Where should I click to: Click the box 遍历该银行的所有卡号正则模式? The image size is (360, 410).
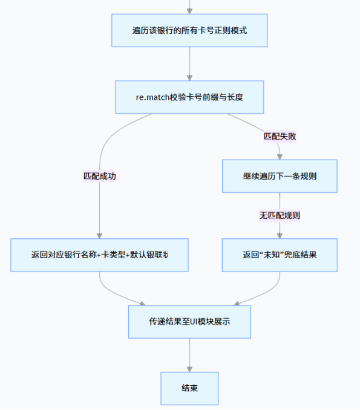click(x=189, y=30)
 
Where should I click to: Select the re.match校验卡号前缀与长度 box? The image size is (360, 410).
click(x=189, y=97)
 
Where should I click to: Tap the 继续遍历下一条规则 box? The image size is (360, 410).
click(x=279, y=176)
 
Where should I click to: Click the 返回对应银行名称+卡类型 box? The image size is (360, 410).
click(x=99, y=255)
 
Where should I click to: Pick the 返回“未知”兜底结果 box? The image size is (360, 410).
click(x=279, y=255)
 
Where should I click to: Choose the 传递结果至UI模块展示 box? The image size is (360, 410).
click(x=189, y=321)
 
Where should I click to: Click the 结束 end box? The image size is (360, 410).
click(x=189, y=388)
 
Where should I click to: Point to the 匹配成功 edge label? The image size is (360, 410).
click(x=99, y=176)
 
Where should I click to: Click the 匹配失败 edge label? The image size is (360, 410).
click(x=280, y=136)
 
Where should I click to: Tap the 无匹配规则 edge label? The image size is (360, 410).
click(x=280, y=215)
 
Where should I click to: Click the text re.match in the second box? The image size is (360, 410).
click(x=149, y=97)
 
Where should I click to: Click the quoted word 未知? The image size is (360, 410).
click(x=270, y=255)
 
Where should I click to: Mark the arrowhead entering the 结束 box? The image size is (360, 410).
click(x=189, y=368)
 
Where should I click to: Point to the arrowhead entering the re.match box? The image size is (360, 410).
click(x=189, y=77)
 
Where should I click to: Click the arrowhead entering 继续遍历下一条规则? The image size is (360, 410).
click(x=280, y=156)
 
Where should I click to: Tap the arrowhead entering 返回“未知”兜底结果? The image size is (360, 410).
click(x=280, y=235)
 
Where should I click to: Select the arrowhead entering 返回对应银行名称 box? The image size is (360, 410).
click(x=99, y=235)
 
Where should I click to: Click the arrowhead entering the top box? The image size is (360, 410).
click(x=189, y=10)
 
